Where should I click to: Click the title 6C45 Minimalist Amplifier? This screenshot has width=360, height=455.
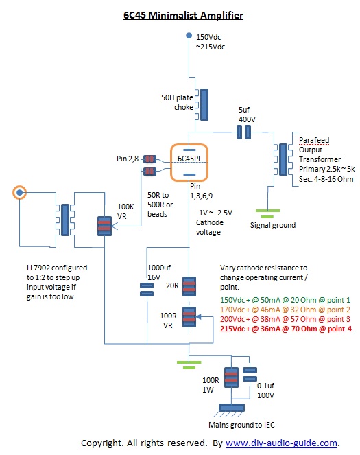point(183,15)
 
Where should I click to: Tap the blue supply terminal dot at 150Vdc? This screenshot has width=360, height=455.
point(189,36)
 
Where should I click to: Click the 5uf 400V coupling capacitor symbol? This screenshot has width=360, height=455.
point(243,132)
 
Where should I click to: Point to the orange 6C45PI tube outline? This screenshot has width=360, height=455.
point(189,145)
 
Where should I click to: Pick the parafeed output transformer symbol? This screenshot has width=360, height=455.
point(283,159)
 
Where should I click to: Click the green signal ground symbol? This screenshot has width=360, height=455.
point(267,213)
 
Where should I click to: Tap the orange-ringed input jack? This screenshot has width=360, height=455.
point(19,192)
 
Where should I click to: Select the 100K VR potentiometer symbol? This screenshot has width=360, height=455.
point(104,226)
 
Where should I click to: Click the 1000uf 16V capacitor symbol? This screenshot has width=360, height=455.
point(147,290)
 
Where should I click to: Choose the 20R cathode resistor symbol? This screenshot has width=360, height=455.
point(189,286)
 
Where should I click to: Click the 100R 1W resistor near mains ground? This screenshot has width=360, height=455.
point(231,377)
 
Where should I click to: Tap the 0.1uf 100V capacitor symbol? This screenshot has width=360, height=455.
point(250,374)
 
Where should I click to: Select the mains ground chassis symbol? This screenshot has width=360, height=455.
point(231,410)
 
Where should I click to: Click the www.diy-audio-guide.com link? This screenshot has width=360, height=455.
point(281,443)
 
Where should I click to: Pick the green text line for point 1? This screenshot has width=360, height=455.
point(285,300)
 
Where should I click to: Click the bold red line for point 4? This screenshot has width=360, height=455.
point(286,329)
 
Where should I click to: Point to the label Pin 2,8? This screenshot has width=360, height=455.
point(128,159)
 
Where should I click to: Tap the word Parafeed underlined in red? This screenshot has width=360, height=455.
point(314,140)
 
